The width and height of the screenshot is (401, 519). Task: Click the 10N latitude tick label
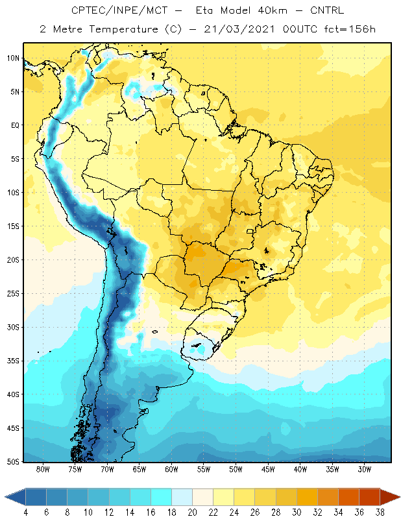[13, 58]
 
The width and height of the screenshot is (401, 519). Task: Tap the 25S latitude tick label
[13, 294]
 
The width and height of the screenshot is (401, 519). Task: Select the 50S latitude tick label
[13, 462]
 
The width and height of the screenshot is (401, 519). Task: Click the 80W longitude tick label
[43, 469]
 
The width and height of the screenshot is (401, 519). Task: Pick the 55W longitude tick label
[204, 469]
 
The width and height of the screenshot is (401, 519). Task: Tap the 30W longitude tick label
[365, 469]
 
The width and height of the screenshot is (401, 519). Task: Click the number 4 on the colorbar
[25, 513]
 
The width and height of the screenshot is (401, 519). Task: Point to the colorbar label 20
[192, 513]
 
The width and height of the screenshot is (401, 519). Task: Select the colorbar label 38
[380, 513]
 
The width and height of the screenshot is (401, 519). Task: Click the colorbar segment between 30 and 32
[307, 497]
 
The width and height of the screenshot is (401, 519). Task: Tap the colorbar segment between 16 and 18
[161, 497]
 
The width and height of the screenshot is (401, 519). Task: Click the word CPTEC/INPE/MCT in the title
[119, 10]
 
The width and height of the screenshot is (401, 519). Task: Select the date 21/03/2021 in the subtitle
[239, 29]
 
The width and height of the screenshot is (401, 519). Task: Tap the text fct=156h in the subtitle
[350, 29]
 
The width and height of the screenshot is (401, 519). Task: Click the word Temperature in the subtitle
[123, 29]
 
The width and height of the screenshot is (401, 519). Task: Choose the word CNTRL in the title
[327, 10]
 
